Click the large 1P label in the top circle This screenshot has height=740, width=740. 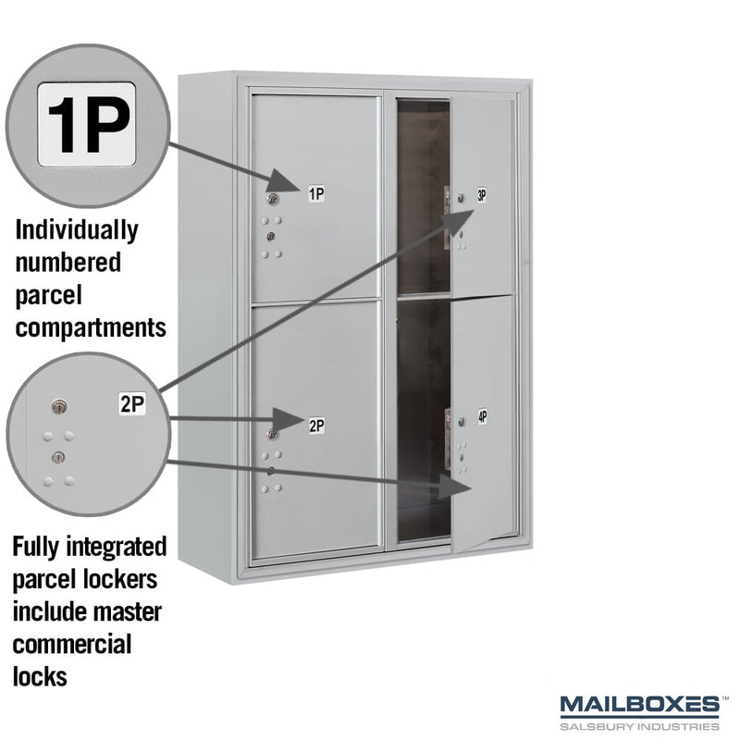click(x=87, y=125)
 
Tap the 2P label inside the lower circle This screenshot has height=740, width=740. click(x=132, y=404)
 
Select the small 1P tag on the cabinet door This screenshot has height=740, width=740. click(x=316, y=193)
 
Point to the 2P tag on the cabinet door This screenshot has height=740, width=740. click(x=316, y=425)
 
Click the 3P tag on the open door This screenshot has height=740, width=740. click(x=481, y=195)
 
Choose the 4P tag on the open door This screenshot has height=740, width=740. click(x=482, y=416)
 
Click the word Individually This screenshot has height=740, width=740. click(x=77, y=230)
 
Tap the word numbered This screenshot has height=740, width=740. click(x=68, y=263)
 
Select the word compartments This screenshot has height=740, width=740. click(x=91, y=327)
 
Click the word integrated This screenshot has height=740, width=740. click(x=117, y=548)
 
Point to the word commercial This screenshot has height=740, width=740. click(x=72, y=644)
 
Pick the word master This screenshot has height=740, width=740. click(x=129, y=611)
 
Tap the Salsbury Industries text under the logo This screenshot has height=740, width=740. click(x=639, y=726)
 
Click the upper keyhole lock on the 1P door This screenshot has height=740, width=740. click(x=272, y=199)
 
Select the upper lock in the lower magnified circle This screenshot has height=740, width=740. click(x=59, y=406)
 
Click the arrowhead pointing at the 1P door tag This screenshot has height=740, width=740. click(x=285, y=181)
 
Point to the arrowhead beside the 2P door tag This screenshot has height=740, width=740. click(x=288, y=420)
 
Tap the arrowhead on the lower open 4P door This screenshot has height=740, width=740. click(x=456, y=487)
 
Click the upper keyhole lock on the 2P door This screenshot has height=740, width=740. click(x=272, y=433)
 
